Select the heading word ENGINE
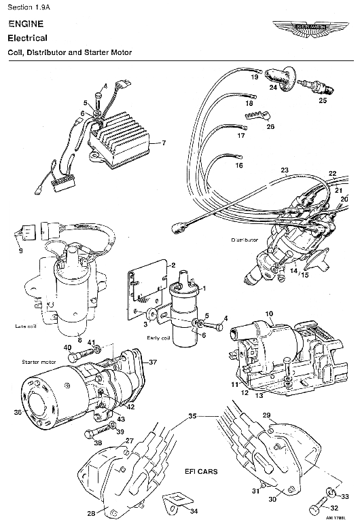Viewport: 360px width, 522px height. coord(24,23)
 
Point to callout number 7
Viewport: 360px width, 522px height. coord(163,143)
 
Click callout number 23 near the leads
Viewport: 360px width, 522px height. coord(285,169)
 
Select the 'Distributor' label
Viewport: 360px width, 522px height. coord(243,240)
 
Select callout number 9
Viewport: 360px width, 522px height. coord(20,250)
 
